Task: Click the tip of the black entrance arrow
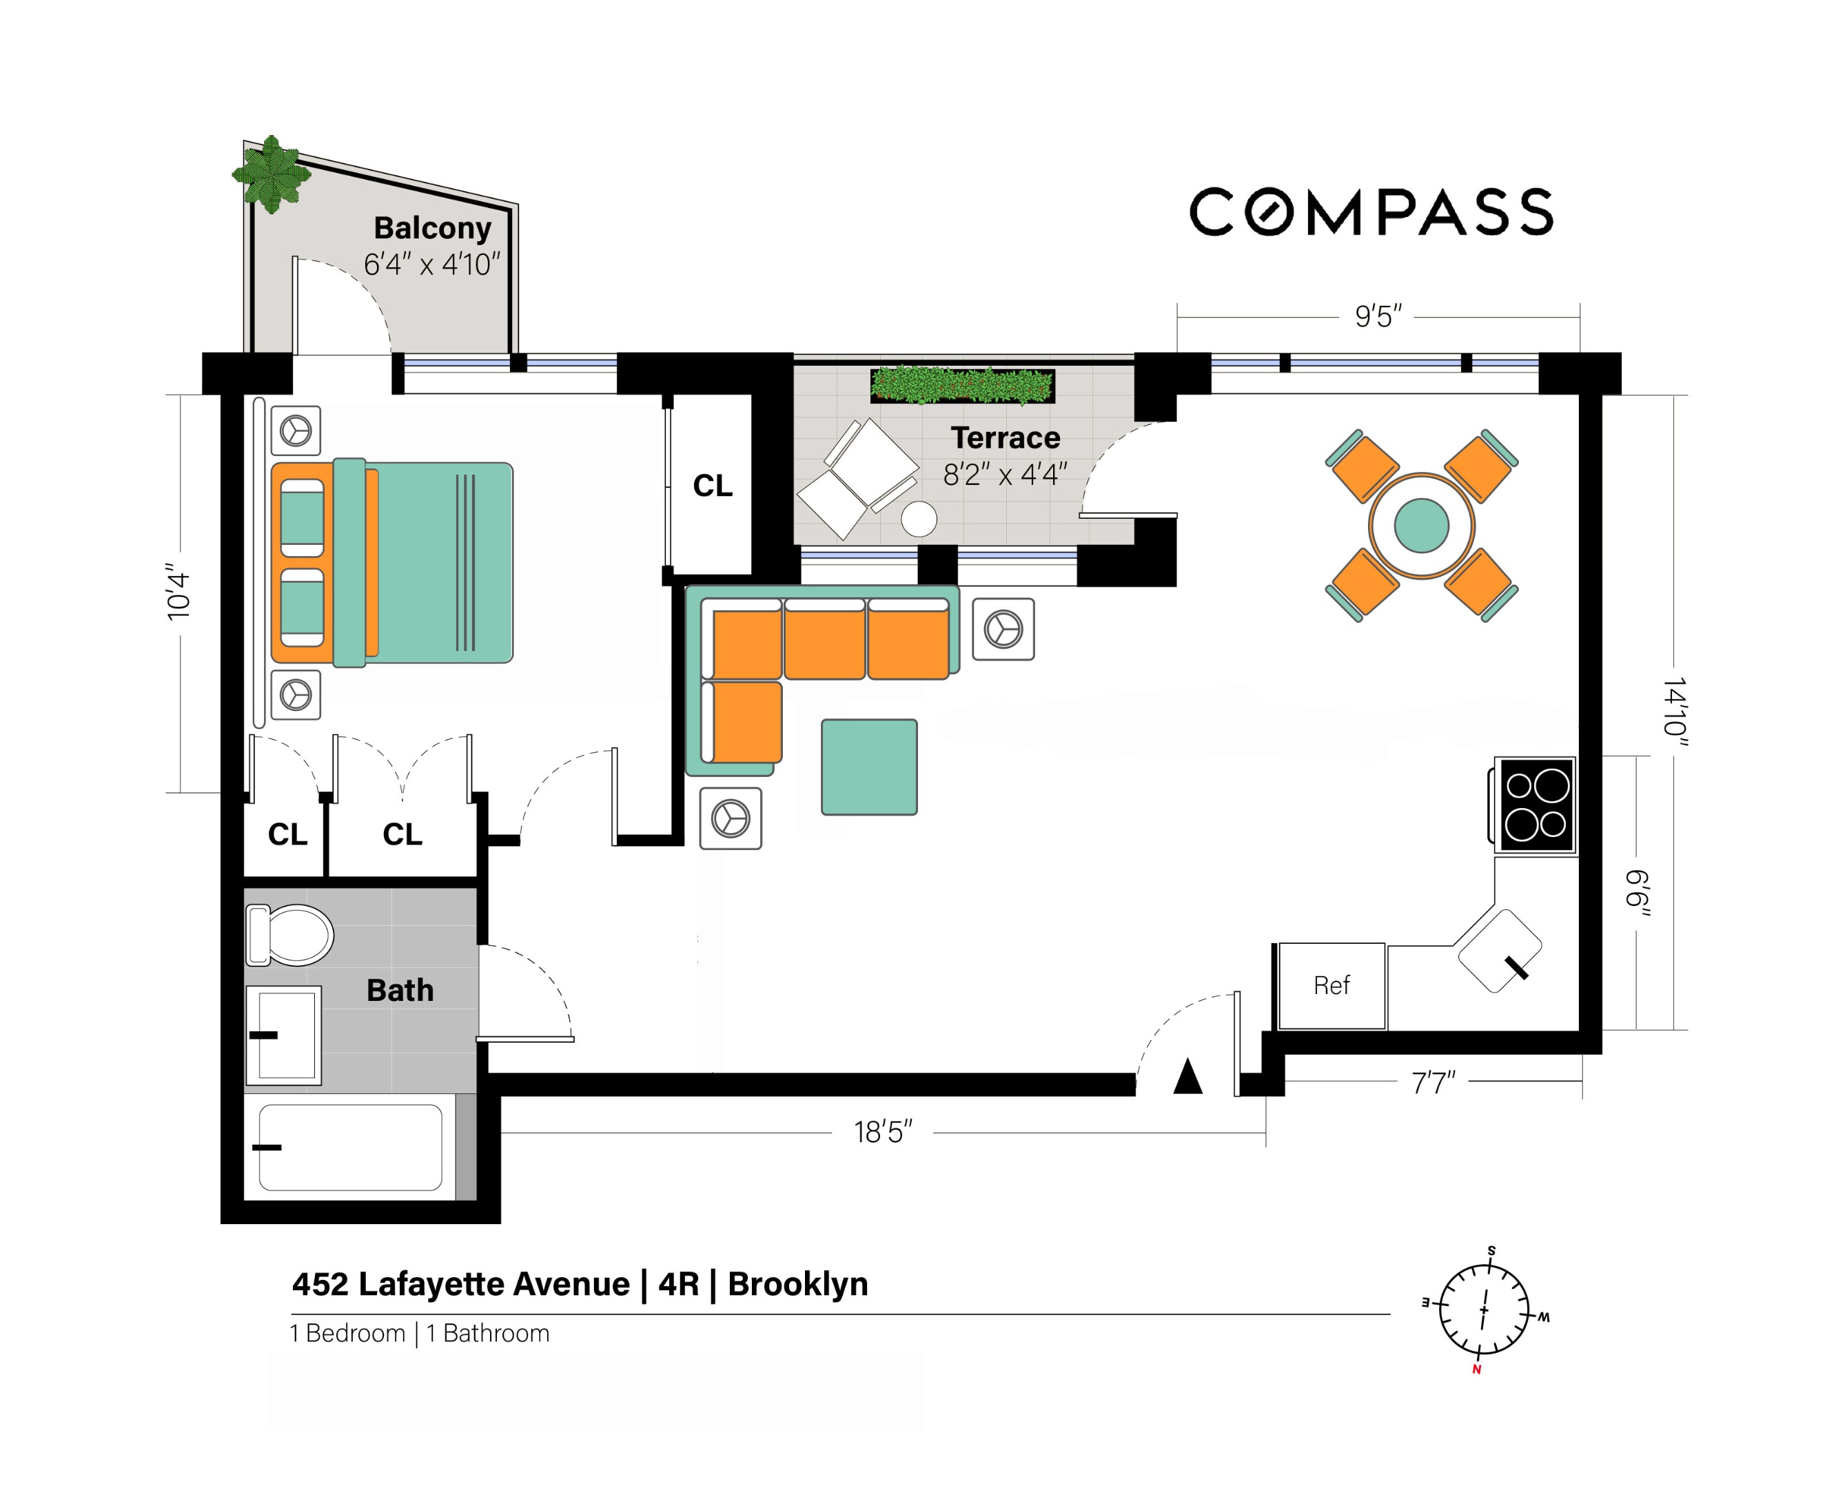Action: [x=1187, y=1060]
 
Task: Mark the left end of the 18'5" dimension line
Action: [x=501, y=1133]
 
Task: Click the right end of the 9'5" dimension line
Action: [x=1580, y=317]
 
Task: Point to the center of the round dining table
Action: [x=1421, y=526]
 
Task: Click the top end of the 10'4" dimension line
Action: [x=180, y=395]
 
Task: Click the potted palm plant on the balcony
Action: [x=272, y=173]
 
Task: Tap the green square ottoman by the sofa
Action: [x=868, y=766]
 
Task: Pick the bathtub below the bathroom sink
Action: [x=351, y=1147]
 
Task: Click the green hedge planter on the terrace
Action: [x=962, y=386]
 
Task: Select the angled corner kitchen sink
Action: [x=1499, y=951]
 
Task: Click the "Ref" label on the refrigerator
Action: [x=1331, y=986]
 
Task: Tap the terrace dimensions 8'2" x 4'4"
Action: [x=1005, y=474]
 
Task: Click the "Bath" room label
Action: [x=400, y=990]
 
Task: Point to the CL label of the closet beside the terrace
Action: [x=713, y=486]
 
